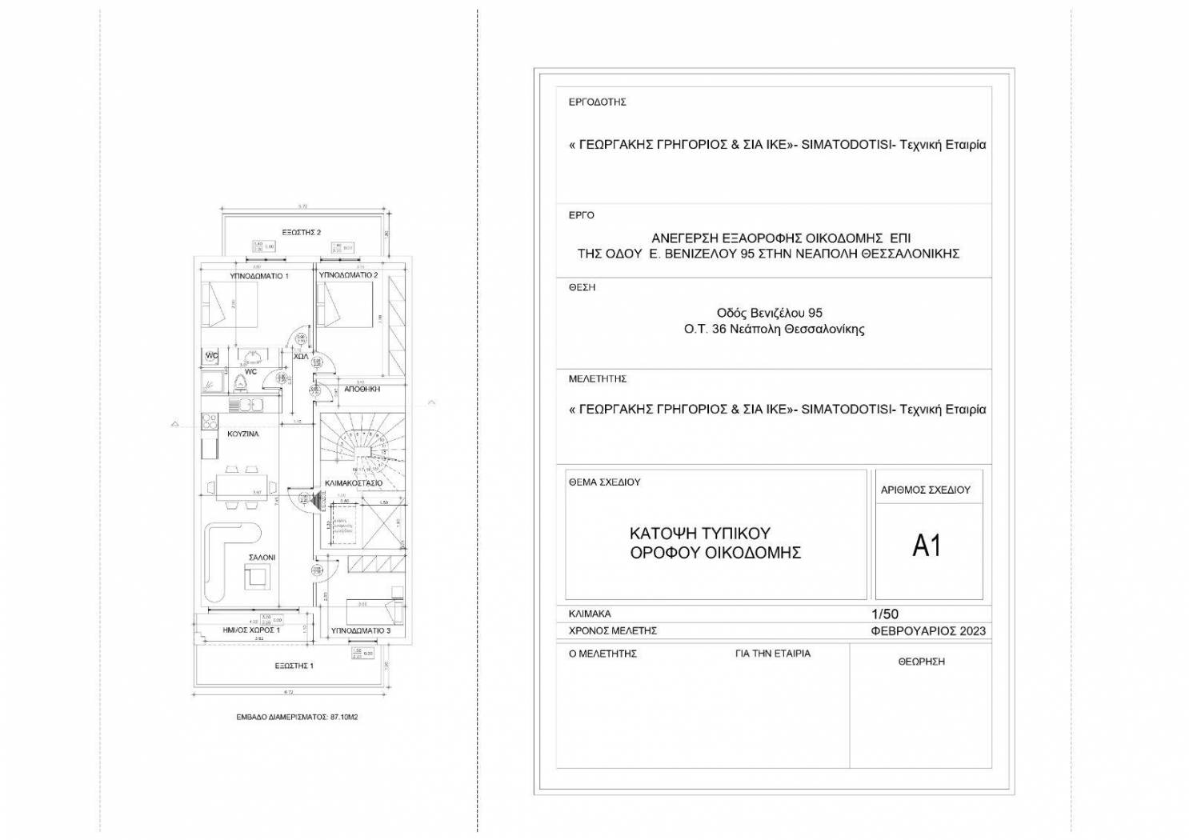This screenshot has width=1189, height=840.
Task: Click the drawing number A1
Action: [x=927, y=546]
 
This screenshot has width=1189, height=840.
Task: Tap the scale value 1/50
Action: [x=884, y=614]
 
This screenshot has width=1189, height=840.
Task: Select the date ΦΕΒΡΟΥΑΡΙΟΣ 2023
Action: [x=928, y=630]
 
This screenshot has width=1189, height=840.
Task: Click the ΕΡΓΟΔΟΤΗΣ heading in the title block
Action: [x=597, y=102]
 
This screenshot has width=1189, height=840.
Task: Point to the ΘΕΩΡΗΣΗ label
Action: [x=921, y=662]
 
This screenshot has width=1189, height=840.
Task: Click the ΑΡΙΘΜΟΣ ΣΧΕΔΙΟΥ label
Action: [x=925, y=490]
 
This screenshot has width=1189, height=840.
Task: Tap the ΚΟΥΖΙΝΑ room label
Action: [x=242, y=434]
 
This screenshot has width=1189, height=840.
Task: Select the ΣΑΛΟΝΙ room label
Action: [x=262, y=557]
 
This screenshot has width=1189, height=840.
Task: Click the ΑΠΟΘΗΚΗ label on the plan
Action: [x=362, y=389]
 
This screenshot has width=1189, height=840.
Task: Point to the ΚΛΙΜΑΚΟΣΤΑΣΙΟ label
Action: [x=353, y=483]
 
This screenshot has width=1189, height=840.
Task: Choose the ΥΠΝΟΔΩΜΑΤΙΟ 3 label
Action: [x=361, y=630]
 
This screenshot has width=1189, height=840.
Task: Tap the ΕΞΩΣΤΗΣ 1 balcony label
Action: [x=294, y=666]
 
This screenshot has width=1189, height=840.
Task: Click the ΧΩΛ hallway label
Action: [x=301, y=356]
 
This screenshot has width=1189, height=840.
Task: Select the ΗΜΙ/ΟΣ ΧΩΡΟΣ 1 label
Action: [x=250, y=630]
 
